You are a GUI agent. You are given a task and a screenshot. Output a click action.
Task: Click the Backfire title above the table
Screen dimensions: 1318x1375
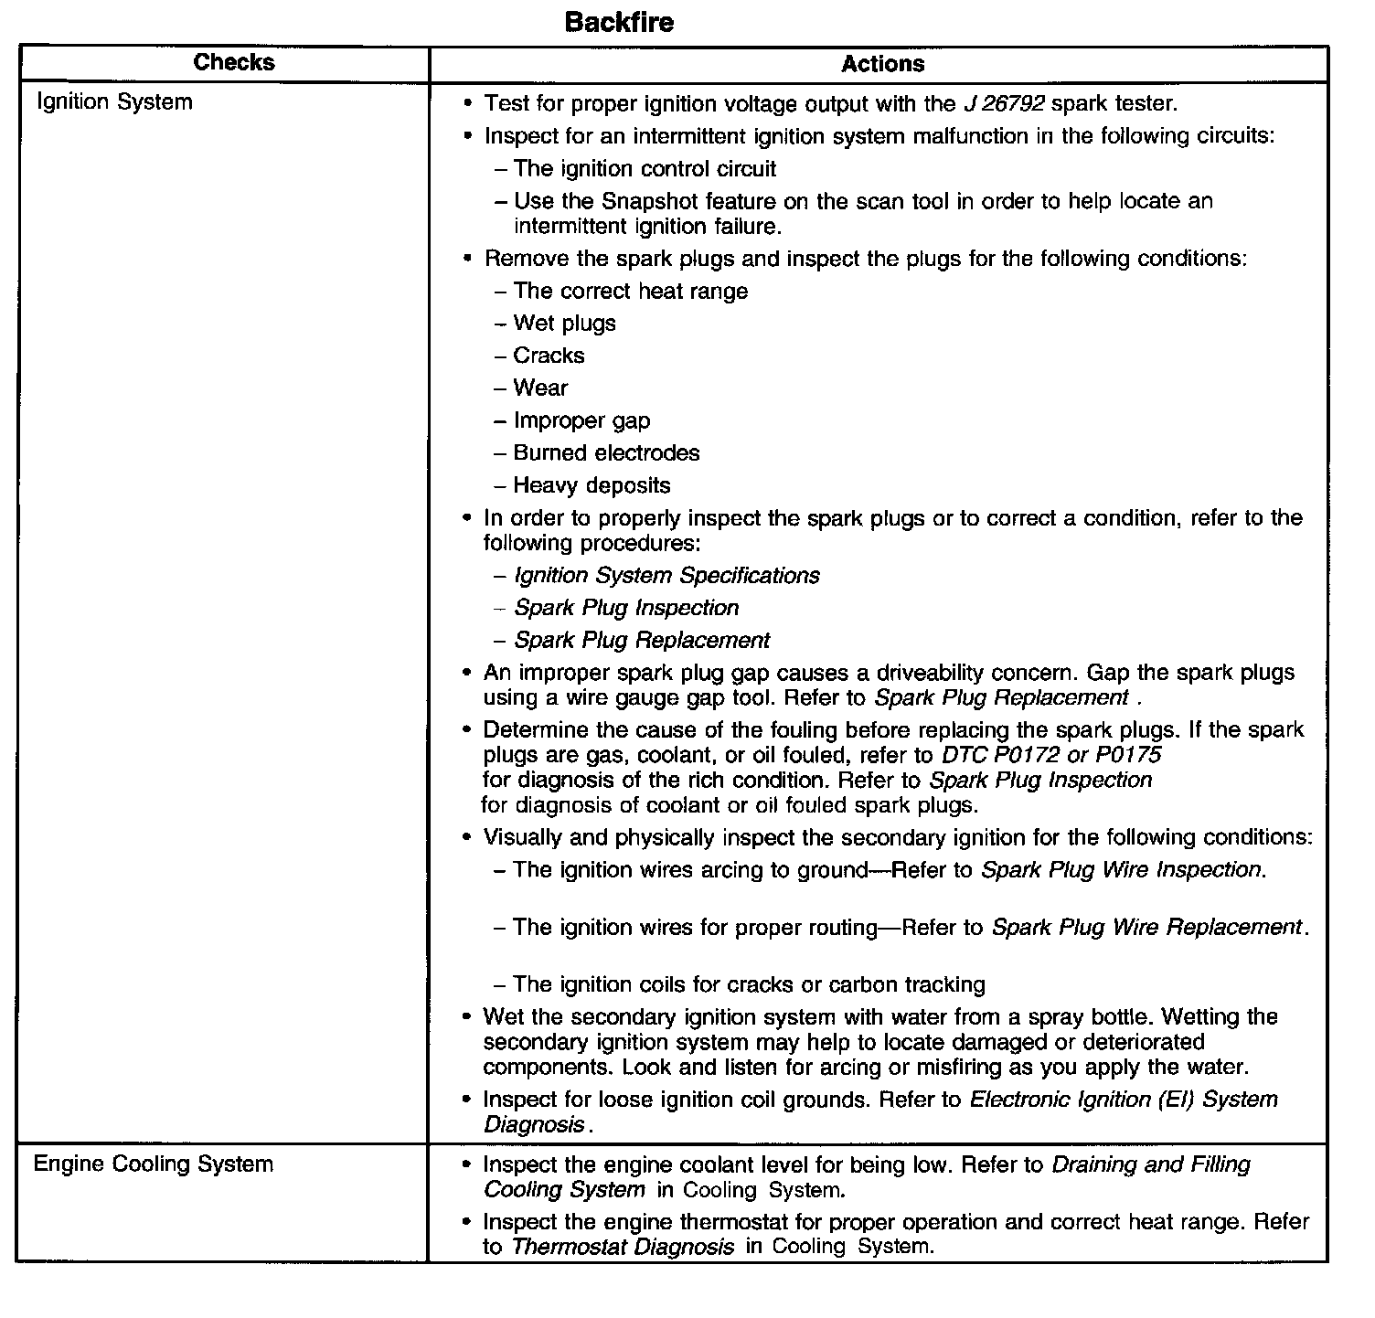pos(619,22)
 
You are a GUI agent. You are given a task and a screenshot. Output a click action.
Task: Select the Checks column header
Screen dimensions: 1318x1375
pos(234,62)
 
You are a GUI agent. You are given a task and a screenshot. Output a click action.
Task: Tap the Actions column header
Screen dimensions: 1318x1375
pos(882,63)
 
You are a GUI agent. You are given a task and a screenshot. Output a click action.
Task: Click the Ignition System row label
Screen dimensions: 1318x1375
pos(114,101)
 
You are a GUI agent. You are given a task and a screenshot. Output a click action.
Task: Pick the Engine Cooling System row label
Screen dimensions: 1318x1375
pos(154,1164)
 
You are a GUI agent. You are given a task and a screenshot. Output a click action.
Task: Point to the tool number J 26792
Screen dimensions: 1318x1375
pos(1004,103)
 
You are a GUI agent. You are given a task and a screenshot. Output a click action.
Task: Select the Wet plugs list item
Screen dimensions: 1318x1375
pos(564,324)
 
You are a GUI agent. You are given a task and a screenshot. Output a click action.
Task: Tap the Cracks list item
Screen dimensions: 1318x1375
pos(549,356)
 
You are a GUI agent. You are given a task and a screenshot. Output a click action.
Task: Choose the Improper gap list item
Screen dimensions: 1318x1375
pos(581,420)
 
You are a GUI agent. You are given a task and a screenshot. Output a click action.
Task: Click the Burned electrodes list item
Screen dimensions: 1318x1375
pos(606,453)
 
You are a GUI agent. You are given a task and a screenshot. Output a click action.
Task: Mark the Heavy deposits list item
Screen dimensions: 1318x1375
pos(592,485)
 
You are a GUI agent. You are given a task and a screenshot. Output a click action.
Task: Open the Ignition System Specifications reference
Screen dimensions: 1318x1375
pos(666,576)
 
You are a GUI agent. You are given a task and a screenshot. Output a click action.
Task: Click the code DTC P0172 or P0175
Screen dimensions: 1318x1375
pos(1051,755)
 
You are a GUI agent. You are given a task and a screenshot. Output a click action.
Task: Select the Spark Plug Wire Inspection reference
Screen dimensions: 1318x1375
pos(1122,869)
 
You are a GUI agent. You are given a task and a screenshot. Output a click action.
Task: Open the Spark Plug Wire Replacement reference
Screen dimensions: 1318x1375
pos(1146,927)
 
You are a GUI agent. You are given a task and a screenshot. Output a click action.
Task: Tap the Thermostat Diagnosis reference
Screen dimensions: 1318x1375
pos(623,1247)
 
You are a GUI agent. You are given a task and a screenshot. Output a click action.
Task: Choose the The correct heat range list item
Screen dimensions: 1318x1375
pos(630,292)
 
